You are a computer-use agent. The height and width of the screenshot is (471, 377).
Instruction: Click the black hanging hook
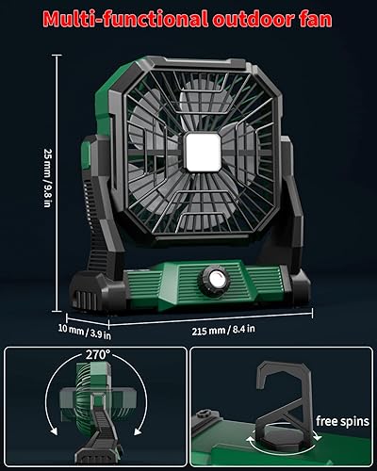(285, 396)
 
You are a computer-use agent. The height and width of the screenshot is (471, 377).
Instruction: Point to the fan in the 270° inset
(91, 405)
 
